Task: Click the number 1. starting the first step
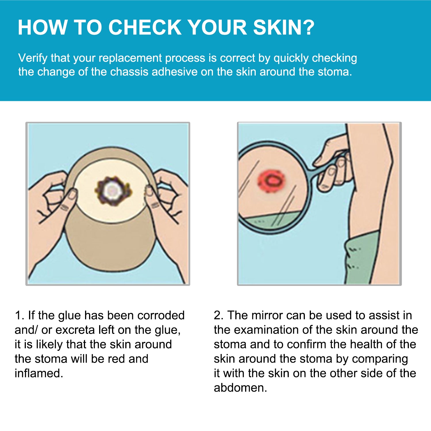(20, 315)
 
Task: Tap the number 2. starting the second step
(219, 315)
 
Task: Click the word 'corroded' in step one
(161, 315)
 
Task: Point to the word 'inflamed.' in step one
(39, 373)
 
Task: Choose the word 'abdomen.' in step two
(240, 388)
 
